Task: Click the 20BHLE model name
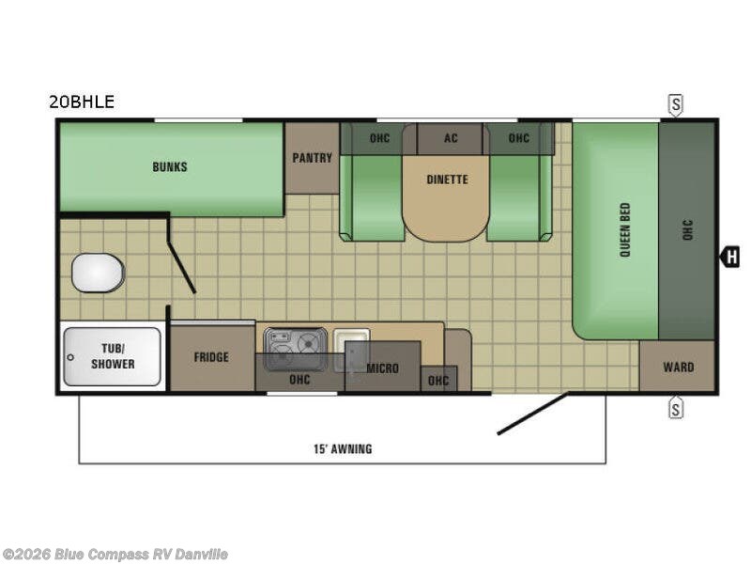pyautogui.click(x=82, y=102)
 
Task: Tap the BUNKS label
pyautogui.click(x=170, y=167)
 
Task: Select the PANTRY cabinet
pyautogui.click(x=313, y=158)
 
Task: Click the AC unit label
pyautogui.click(x=451, y=138)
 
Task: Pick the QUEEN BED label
pyautogui.click(x=625, y=229)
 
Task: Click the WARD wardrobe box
pyautogui.click(x=677, y=367)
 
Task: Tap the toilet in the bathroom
pyautogui.click(x=99, y=273)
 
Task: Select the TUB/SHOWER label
pyautogui.click(x=113, y=356)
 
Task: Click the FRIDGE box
pyautogui.click(x=212, y=358)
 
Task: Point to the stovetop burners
pyautogui.click(x=296, y=343)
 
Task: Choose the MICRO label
pyautogui.click(x=382, y=368)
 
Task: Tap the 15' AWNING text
pyautogui.click(x=343, y=449)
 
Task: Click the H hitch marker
pyautogui.click(x=730, y=257)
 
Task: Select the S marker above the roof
pyautogui.click(x=675, y=105)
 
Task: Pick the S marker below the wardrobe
pyautogui.click(x=675, y=408)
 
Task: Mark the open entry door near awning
pyautogui.click(x=532, y=414)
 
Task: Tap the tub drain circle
pyautogui.click(x=70, y=357)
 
